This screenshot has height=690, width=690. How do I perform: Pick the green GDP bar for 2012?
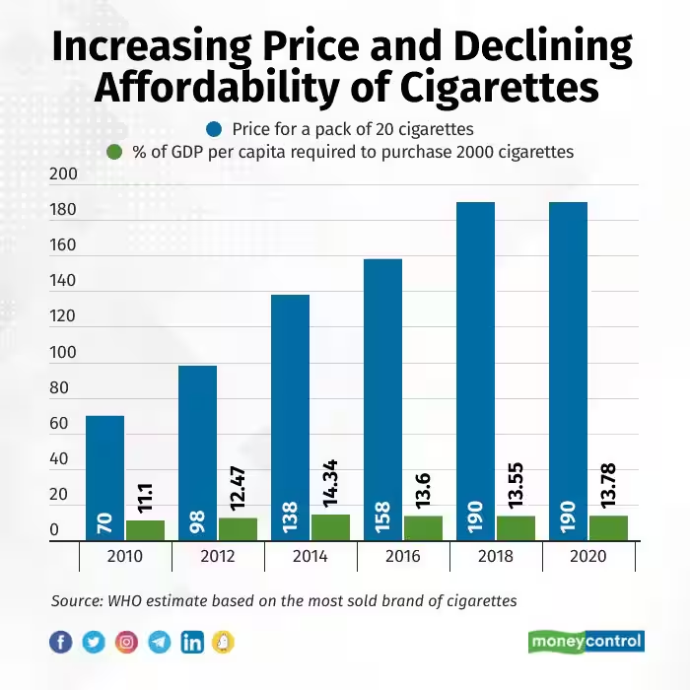[x=238, y=528]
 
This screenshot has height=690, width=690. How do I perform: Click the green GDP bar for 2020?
[x=608, y=527]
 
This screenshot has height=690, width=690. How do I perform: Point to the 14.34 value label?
[x=330, y=477]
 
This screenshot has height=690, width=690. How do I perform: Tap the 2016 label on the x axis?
[x=403, y=557]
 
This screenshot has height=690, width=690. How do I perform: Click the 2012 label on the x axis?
[x=218, y=557]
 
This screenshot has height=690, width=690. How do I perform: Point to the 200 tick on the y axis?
[x=62, y=174]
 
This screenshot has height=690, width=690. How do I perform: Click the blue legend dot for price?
[x=213, y=129]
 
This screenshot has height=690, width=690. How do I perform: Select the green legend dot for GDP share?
[x=114, y=152]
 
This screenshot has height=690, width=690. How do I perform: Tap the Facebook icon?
[x=61, y=643]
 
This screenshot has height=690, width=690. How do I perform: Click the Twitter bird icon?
[x=94, y=643]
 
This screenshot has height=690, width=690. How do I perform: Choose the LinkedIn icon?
[x=191, y=643]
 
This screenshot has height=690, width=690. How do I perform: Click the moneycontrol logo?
[x=586, y=642]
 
